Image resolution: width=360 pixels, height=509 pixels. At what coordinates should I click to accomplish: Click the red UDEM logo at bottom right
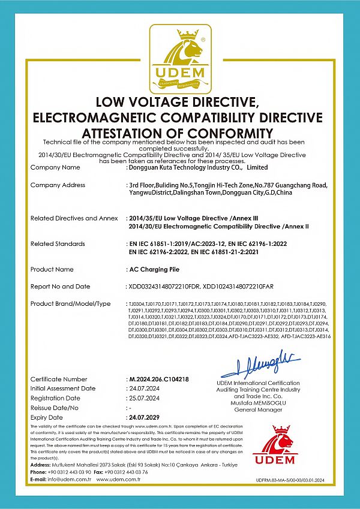pos(274,447)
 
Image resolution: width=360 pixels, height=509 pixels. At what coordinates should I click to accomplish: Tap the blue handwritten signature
pos(260,364)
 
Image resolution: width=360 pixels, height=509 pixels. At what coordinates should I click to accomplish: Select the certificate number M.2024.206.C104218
pos(159,380)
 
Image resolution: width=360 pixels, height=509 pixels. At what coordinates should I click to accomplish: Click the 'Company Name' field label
pos(55,167)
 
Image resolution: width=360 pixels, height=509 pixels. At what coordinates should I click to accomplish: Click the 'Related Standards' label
pos(58,243)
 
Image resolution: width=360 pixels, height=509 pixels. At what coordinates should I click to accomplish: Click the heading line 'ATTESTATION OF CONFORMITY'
pos(178,132)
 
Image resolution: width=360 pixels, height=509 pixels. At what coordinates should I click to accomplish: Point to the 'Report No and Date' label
pos(60,287)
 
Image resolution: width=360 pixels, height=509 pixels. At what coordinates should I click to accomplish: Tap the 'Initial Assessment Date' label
pos(62,388)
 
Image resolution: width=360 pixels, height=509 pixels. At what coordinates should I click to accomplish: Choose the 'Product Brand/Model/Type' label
pos(70,304)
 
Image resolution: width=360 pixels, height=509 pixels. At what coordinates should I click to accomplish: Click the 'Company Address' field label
pos(58,185)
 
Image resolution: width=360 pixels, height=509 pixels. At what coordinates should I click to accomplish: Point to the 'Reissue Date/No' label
pos(55,408)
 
